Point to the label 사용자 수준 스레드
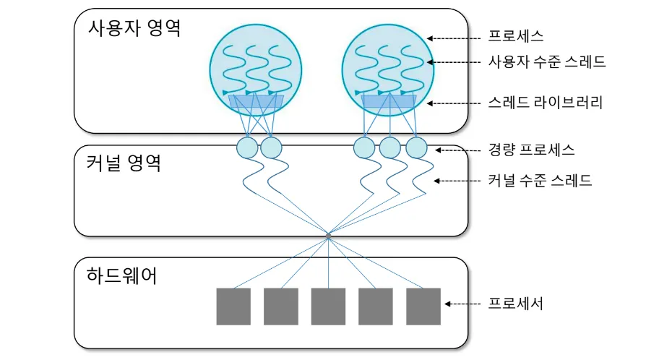[547, 61]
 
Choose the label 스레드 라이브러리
[546, 103]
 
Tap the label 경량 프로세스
[531, 150]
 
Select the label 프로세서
[516, 304]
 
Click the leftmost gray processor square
[233, 307]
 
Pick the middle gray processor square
[328, 307]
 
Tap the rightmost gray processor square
[423, 307]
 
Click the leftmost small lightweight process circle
[247, 148]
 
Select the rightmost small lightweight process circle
[417, 148]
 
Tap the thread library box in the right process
[388, 102]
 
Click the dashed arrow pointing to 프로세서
[462, 304]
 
